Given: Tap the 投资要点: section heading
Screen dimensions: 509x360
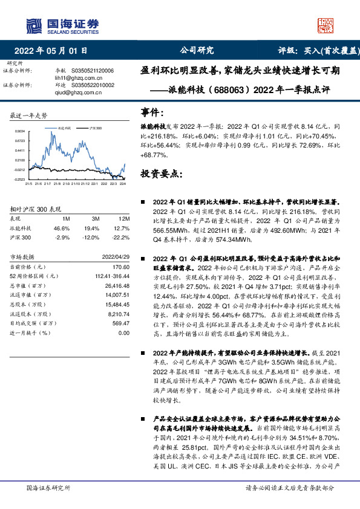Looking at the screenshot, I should point(162,173).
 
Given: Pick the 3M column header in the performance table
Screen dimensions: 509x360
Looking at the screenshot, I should point(95,218).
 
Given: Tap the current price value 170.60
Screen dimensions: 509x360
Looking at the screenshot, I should point(121,267).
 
